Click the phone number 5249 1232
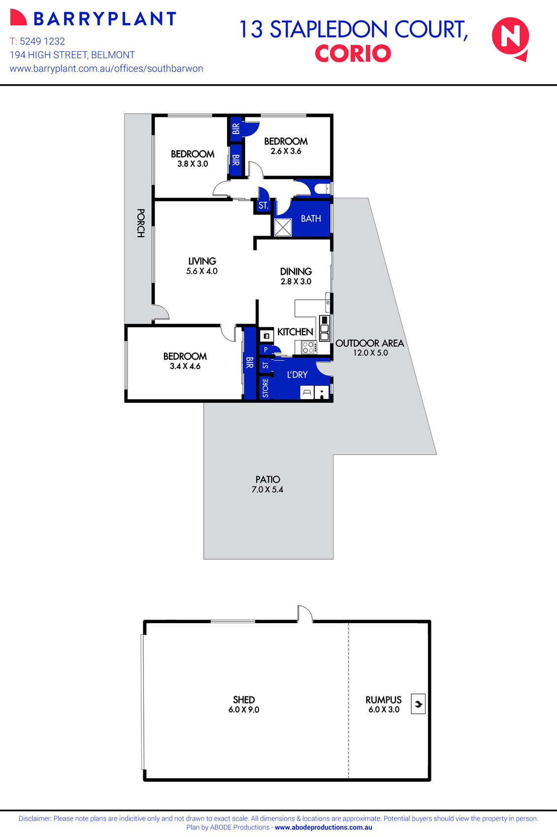(x=42, y=41)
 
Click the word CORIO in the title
(x=353, y=54)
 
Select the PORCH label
(x=140, y=223)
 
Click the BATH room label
(x=311, y=218)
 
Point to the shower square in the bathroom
(x=283, y=227)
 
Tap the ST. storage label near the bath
(x=263, y=206)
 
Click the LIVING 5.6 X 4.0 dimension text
(x=202, y=271)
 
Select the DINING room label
(x=295, y=271)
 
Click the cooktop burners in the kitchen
(x=309, y=347)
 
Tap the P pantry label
(x=265, y=349)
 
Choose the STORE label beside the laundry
(x=265, y=388)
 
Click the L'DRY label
(x=297, y=375)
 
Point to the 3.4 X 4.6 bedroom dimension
(x=185, y=366)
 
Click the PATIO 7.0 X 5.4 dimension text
(x=267, y=489)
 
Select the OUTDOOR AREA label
(x=369, y=343)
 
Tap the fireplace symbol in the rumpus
(x=418, y=704)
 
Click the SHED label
(x=244, y=699)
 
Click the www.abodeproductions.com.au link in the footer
(x=323, y=828)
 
